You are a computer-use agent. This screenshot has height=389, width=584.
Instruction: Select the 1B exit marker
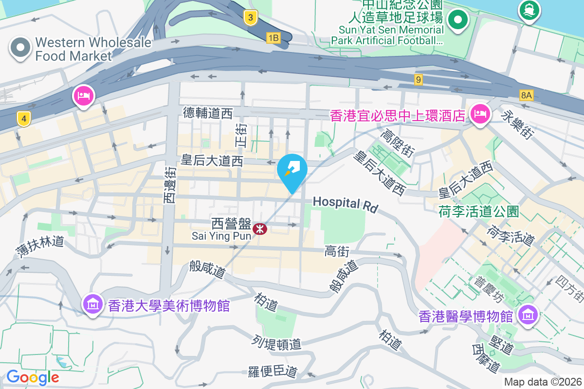[274, 37]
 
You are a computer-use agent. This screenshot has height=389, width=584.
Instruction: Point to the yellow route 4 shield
[23, 118]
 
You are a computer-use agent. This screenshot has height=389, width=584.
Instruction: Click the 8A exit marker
[526, 96]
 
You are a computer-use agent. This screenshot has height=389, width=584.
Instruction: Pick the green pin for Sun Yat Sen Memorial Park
[457, 20]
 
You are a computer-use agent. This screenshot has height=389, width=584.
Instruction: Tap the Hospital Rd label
[345, 204]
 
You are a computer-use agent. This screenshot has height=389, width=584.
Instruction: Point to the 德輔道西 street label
[208, 113]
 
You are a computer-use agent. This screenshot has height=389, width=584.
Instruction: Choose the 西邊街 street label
[169, 185]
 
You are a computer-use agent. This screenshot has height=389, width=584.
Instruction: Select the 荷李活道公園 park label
[478, 212]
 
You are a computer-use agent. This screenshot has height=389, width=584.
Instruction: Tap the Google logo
[33, 377]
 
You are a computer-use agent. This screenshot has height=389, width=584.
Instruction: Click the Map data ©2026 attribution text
[543, 382]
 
